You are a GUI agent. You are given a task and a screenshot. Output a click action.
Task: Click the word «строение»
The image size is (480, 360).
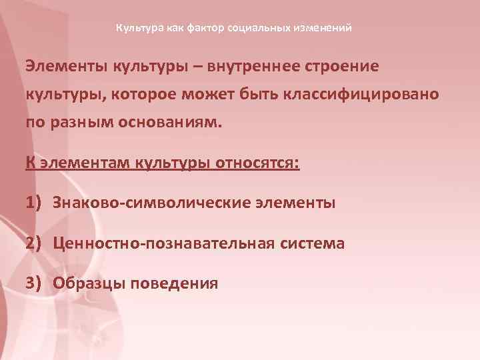342,67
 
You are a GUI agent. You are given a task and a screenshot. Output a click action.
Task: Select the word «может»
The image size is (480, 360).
220,95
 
